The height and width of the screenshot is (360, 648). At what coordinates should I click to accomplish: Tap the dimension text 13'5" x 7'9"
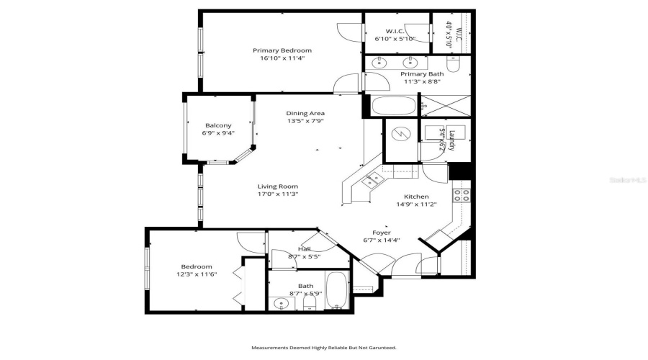tap(305, 122)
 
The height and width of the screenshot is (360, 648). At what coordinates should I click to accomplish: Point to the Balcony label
tap(218, 125)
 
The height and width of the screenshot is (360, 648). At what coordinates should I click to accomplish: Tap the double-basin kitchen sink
tap(372, 180)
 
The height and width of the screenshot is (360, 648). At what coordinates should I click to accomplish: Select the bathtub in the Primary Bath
tap(394, 107)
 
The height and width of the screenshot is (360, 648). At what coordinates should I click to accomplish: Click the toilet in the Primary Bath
tap(453, 65)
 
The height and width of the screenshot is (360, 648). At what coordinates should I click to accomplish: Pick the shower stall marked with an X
tap(444, 107)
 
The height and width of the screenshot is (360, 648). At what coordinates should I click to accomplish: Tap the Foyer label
tap(381, 233)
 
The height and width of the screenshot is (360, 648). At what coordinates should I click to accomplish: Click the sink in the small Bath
tap(282, 303)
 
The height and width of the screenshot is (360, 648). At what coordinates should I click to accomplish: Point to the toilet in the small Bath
tap(310, 302)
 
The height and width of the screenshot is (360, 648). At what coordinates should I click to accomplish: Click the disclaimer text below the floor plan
tap(323, 348)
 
